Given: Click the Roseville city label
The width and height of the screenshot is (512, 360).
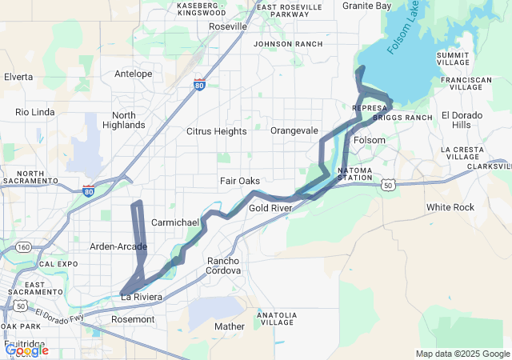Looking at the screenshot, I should tap(227, 26).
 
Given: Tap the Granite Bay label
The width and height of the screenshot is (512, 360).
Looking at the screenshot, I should tap(366, 6).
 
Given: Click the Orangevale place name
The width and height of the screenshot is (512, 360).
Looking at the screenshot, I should tap(294, 130).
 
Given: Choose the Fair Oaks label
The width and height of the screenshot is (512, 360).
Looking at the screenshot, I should tap(239, 182).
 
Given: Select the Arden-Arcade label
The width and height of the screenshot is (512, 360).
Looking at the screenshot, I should tap(118, 246).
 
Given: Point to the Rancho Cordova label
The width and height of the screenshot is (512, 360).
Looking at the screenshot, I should tap(224, 266).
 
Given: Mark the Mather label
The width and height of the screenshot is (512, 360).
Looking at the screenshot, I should tap(230, 326).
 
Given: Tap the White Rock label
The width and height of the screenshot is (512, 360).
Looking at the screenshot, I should tap(450, 207).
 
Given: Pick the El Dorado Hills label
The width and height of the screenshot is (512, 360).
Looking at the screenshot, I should tap(462, 120).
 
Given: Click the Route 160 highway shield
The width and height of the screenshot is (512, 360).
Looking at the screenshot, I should tap(24, 247).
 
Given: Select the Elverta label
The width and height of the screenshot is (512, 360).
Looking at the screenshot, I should tap(18, 77).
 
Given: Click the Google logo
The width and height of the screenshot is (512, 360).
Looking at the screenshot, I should tap(26, 350).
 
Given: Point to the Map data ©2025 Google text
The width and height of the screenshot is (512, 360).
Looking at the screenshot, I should tap(462, 354).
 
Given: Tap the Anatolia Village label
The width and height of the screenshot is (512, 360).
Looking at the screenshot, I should tap(277, 319).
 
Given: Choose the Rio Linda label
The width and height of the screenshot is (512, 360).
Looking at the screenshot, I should tap(33, 112).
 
